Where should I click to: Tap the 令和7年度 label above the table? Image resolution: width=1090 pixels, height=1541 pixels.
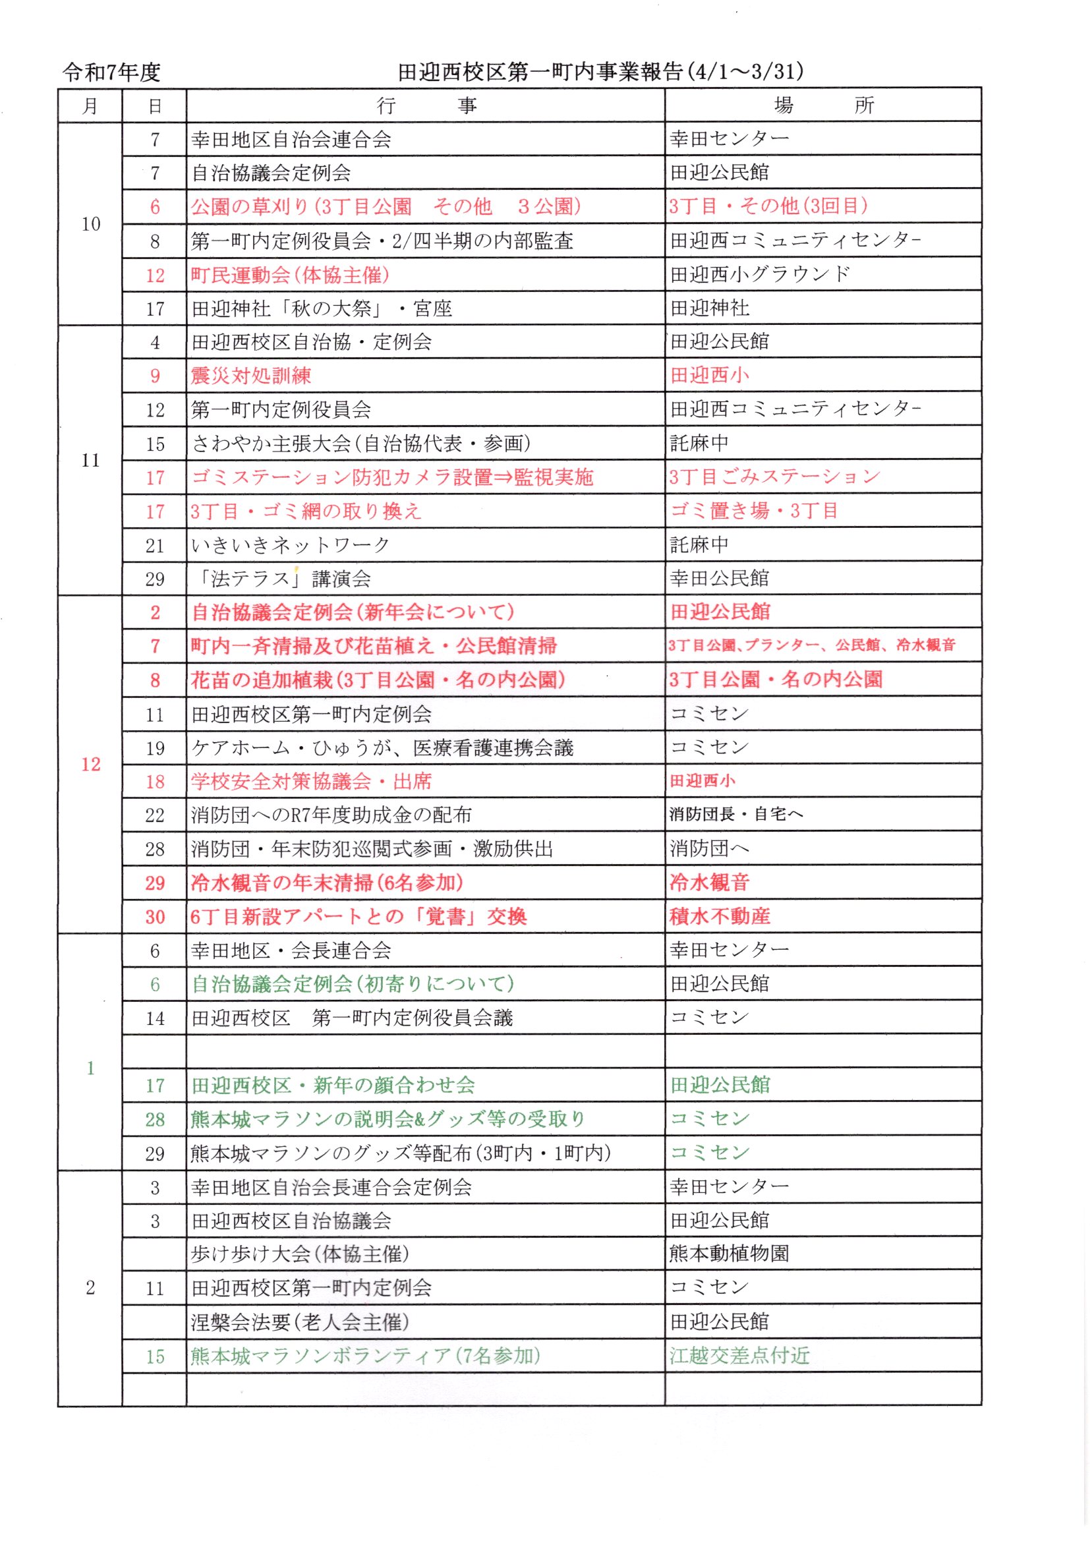tap(111, 73)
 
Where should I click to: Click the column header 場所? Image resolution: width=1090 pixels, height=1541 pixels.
tap(823, 105)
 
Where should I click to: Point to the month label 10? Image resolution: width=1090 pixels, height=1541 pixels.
tap(90, 224)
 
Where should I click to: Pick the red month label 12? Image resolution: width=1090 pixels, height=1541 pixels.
tap(90, 764)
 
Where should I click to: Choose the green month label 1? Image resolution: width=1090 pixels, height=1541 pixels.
tap(90, 1068)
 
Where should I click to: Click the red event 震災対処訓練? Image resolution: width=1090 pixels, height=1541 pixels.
tap(251, 376)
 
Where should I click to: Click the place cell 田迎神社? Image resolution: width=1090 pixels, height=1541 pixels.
tap(710, 308)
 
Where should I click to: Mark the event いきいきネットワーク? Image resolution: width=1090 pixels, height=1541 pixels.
tap(291, 545)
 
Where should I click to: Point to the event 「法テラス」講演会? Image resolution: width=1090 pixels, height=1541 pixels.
tap(281, 579)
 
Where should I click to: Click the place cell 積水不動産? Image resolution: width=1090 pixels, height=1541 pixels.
tap(720, 916)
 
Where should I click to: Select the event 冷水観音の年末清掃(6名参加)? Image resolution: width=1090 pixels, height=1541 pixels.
tap(327, 883)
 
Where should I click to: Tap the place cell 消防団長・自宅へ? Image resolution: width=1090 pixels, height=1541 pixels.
tap(736, 815)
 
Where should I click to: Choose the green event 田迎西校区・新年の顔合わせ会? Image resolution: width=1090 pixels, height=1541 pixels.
tap(333, 1086)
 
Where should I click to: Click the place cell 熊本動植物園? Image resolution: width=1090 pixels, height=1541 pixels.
tap(730, 1254)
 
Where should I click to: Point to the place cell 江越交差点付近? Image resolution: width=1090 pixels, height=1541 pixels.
tap(739, 1356)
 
